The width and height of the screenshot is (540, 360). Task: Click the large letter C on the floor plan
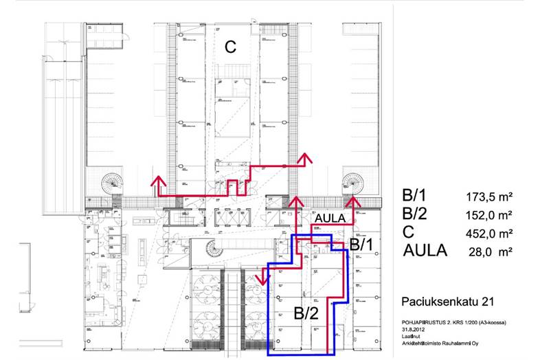click(231, 47)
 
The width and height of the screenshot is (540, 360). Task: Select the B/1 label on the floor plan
click(362, 245)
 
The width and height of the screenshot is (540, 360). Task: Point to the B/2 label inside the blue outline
click(307, 315)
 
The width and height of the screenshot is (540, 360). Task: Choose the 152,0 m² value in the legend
click(490, 215)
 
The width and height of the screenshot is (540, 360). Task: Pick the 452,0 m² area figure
click(490, 233)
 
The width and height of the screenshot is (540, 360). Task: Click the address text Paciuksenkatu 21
click(442, 302)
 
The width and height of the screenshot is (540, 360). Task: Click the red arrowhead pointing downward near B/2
click(262, 280)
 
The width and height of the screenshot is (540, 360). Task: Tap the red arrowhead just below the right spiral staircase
click(355, 201)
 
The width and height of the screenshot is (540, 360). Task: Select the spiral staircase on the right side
click(355, 182)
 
